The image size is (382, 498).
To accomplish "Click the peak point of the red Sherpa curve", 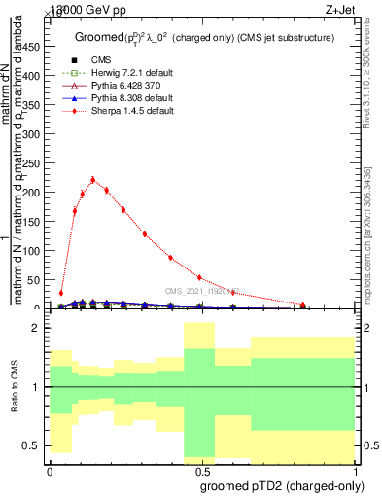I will (92, 179).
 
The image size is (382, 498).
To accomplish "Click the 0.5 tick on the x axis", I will (199, 462).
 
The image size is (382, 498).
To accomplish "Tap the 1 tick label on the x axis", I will (357, 472).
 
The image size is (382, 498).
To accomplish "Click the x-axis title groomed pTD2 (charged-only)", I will (279, 485).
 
